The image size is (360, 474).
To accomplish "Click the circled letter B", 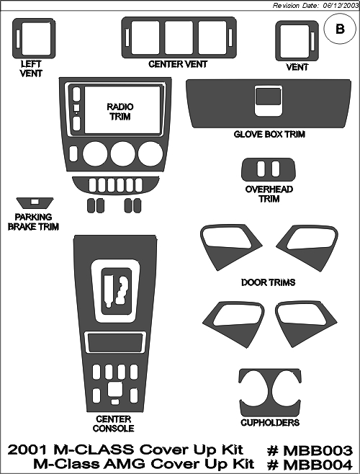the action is pyautogui.click(x=340, y=29).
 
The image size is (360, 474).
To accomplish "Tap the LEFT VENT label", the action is pyautogui.click(x=31, y=68).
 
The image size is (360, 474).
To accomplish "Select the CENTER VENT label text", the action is pyautogui.click(x=178, y=64).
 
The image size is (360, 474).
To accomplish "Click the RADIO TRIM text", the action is pyautogui.click(x=120, y=112).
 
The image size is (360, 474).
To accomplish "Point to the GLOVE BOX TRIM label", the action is pyautogui.click(x=269, y=134).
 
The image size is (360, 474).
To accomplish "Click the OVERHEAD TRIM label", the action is pyautogui.click(x=269, y=194).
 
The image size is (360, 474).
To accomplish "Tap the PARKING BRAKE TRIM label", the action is pyautogui.click(x=33, y=222).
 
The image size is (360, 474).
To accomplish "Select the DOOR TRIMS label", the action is pyautogui.click(x=268, y=282).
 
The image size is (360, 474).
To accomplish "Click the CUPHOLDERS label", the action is pyautogui.click(x=270, y=422).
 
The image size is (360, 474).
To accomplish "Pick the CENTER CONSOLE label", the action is pyautogui.click(x=113, y=424).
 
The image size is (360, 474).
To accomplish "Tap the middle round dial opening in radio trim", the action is pyautogui.click(x=122, y=153).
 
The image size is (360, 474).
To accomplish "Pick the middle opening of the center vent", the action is pyautogui.click(x=179, y=37).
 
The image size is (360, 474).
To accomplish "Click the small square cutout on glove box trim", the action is pyautogui.click(x=268, y=97).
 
